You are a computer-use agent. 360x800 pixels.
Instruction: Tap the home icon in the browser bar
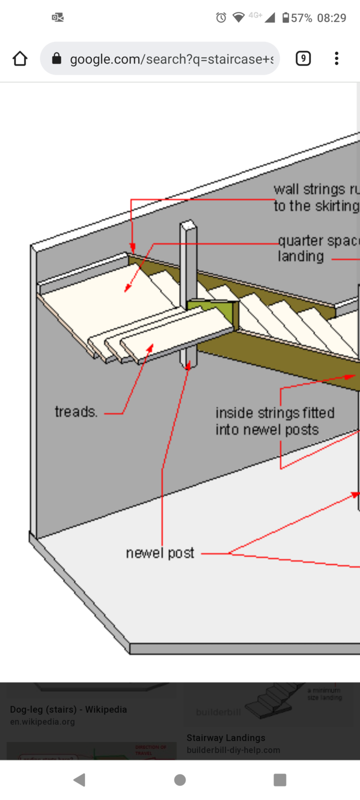tap(20, 58)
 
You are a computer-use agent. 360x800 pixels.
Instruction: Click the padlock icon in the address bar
tap(56, 59)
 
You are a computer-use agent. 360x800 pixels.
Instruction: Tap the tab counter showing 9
tap(303, 58)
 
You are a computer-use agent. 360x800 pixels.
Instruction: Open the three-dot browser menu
tap(336, 58)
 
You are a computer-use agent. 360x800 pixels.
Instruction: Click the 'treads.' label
tap(76, 412)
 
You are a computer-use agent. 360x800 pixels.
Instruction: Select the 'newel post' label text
tap(160, 553)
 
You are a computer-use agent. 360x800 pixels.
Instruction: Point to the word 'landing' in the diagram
tap(300, 256)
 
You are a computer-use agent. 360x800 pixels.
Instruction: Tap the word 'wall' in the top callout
tap(286, 189)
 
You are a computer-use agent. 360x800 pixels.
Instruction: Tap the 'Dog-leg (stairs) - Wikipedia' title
tap(68, 709)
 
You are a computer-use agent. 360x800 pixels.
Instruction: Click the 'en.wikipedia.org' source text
tap(42, 721)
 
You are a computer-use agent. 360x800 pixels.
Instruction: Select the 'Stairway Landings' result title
tap(226, 737)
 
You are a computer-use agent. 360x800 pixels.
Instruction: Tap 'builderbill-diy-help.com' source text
tap(233, 750)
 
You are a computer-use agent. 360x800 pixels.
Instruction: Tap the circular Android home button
tap(180, 779)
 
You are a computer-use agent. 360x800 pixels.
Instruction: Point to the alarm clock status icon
tap(221, 18)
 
